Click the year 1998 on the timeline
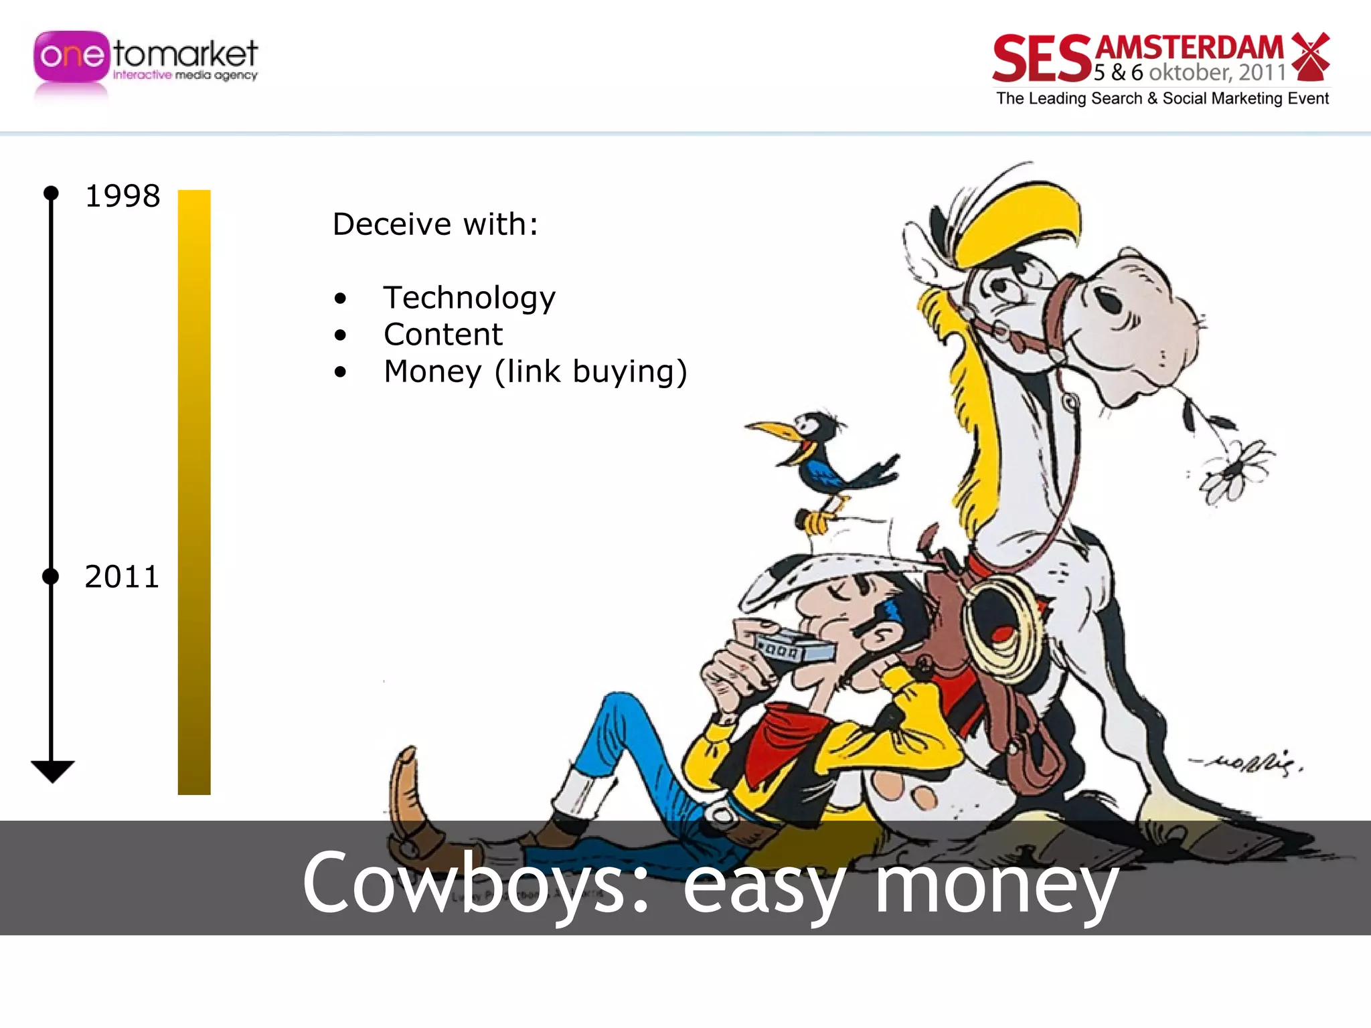point(123,197)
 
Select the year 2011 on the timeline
point(122,577)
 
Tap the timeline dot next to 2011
point(51,576)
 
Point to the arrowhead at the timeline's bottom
point(52,771)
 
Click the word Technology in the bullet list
point(469,298)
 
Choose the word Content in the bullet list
point(442,335)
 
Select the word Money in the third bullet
point(432,372)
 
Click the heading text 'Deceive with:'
point(435,224)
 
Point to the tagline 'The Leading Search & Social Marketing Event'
point(1162,99)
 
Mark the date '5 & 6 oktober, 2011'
point(1190,72)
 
